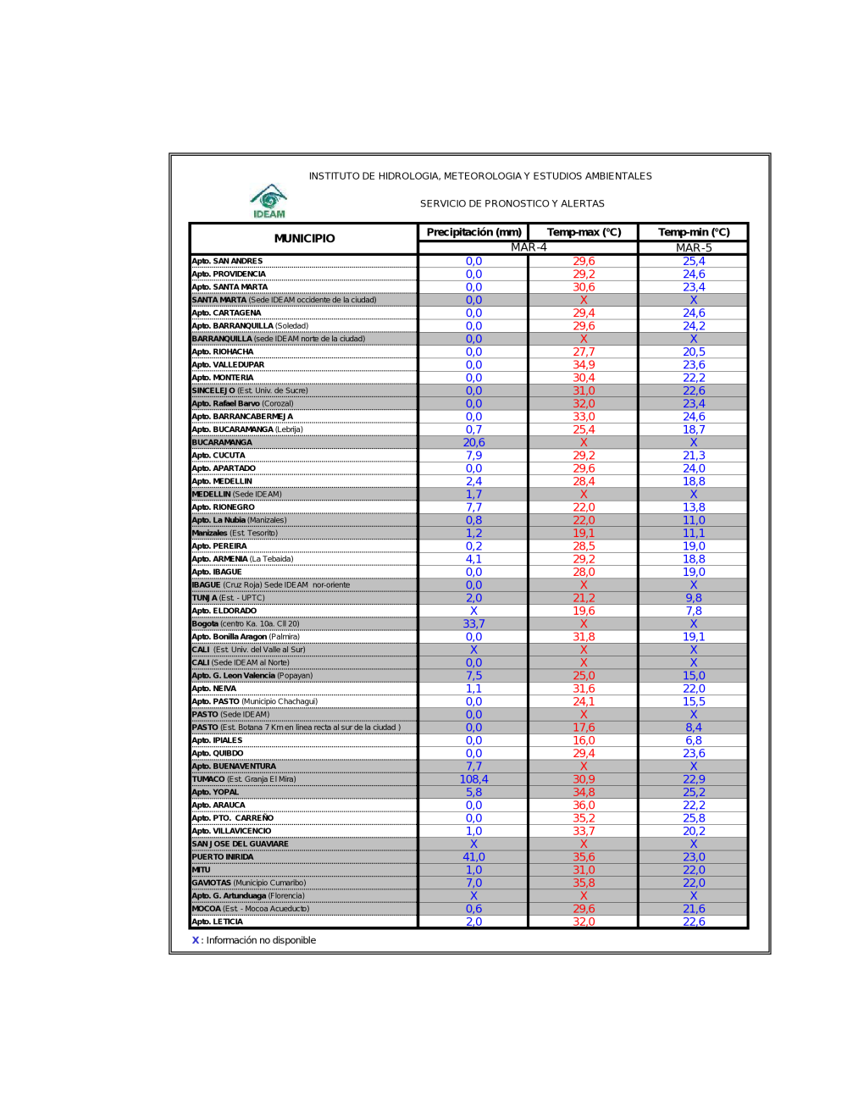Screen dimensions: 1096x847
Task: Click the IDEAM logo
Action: [268, 201]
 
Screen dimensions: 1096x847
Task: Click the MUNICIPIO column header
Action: [304, 239]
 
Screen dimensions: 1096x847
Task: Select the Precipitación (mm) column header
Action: [473, 232]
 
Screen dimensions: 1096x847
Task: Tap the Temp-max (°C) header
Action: [584, 232]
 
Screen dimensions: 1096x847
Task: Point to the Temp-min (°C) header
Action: [694, 232]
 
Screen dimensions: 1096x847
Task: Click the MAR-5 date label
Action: [694, 247]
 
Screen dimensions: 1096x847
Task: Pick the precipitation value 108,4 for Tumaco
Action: [473, 779]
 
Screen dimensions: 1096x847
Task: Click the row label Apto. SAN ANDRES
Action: [227, 261]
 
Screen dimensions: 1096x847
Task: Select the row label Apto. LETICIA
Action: [218, 922]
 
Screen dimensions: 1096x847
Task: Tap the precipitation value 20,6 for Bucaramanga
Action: [473, 442]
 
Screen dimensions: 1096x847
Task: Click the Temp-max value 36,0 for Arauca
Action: [584, 805]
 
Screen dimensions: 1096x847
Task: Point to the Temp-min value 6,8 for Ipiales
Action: [694, 740]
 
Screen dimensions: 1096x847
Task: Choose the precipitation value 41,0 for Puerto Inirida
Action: [473, 857]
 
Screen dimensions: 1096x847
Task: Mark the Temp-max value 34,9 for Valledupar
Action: [584, 364]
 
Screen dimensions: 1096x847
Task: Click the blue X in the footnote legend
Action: [196, 940]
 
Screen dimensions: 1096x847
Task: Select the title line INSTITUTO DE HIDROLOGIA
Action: [480, 176]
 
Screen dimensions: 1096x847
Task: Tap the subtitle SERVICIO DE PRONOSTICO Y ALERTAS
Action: [512, 203]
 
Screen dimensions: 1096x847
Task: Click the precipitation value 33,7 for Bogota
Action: [473, 623]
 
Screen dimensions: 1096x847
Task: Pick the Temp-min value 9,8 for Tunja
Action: [694, 598]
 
